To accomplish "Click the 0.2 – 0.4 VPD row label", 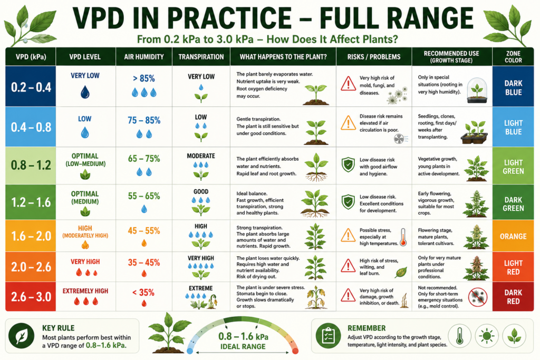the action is (x=31, y=87).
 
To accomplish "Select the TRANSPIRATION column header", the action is (x=201, y=57).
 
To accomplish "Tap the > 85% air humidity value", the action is (x=144, y=79).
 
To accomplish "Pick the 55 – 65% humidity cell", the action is (x=144, y=196).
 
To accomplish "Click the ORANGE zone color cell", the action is (x=513, y=237).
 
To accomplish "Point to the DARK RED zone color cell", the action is (x=513, y=297).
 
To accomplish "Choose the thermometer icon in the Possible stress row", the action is (x=403, y=237).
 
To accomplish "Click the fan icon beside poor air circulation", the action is (x=399, y=139).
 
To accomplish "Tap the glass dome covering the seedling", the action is (x=477, y=90).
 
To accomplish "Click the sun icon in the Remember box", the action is (x=487, y=336).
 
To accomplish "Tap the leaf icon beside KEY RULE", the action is (x=21, y=336).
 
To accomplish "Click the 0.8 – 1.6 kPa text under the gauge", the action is (x=243, y=336).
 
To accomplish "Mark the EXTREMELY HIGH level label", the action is (x=85, y=291).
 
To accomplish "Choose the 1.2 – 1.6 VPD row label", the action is (x=31, y=202).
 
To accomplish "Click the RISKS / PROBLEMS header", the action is (x=374, y=57).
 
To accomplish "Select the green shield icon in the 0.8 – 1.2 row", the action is (x=348, y=165).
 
